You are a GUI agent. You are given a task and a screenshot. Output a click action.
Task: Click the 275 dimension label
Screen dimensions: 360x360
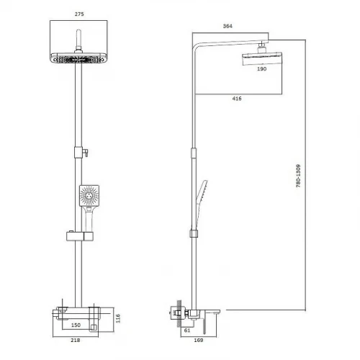pos(79,14)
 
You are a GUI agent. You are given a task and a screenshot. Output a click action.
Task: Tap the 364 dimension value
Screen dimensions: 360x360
pos(228,26)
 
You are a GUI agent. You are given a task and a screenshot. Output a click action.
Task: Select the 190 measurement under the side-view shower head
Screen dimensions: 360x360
pos(261,69)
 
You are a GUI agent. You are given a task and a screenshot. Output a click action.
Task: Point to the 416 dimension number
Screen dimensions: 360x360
pos(237,99)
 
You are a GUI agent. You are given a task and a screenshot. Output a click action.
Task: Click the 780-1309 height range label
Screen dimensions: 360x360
pos(298,176)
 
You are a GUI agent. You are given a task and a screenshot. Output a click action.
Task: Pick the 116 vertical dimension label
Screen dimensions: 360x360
pos(118,318)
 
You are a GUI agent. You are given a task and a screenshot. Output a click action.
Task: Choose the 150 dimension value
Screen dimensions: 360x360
pos(76,325)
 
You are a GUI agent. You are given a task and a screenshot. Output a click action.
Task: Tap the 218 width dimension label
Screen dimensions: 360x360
pos(76,340)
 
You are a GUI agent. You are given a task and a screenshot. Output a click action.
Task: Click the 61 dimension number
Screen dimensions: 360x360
pos(187,330)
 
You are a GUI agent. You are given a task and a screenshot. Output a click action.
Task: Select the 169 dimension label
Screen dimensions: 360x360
pos(199,340)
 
